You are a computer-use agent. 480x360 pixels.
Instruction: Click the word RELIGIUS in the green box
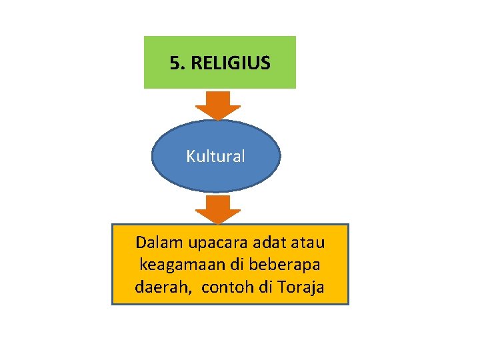click(230, 63)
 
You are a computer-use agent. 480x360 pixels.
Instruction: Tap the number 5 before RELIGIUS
click(175, 63)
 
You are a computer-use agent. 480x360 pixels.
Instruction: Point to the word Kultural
click(216, 157)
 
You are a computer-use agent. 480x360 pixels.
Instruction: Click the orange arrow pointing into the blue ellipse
click(218, 105)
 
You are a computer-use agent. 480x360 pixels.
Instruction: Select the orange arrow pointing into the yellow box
click(218, 209)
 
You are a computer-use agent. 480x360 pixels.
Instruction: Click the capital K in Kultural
click(190, 157)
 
